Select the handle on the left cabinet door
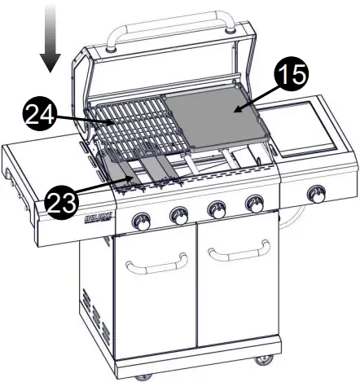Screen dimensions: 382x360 pos(157,262)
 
